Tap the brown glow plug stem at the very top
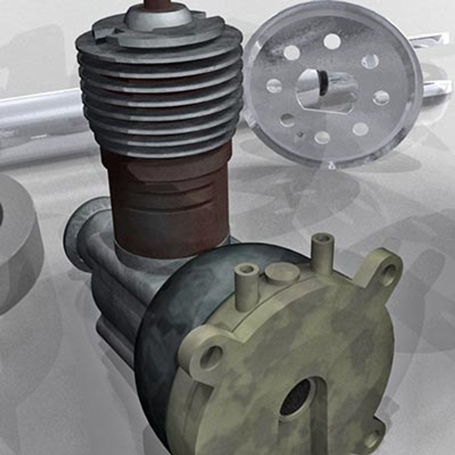pyautogui.click(x=159, y=4)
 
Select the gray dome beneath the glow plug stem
pyautogui.click(x=158, y=18)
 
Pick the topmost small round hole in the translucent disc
pyautogui.click(x=332, y=41)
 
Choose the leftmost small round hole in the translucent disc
pyautogui.click(x=274, y=86)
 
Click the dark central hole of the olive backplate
pyautogui.click(x=297, y=397)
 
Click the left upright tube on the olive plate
pyautogui.click(x=247, y=286)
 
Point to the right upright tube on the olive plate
pyautogui.click(x=323, y=253)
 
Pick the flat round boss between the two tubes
pyautogui.click(x=282, y=273)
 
